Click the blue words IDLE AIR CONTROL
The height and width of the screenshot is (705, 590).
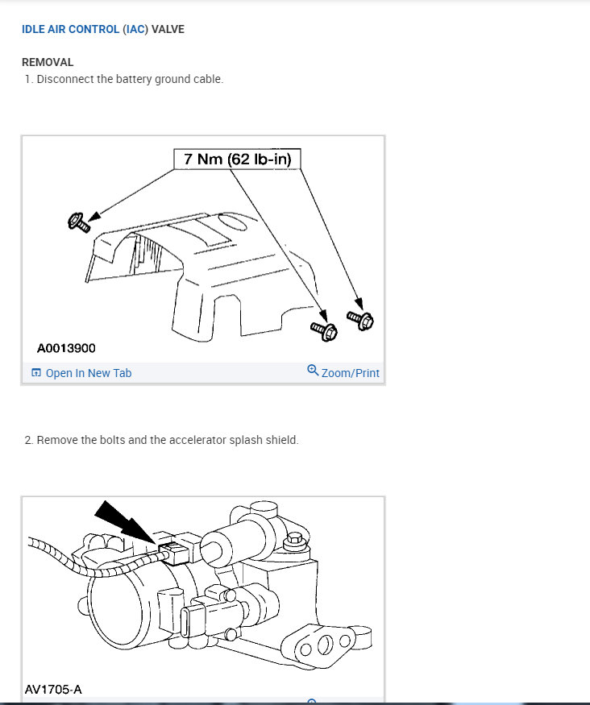point(70,30)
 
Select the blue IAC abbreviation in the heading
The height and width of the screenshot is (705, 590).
point(135,30)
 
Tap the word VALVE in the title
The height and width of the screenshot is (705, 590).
point(168,30)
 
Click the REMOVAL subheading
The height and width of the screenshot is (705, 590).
point(48,62)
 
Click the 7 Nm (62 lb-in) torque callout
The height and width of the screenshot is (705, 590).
point(238,159)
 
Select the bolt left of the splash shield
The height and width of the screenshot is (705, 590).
point(78,222)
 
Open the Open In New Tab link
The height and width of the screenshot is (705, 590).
point(88,373)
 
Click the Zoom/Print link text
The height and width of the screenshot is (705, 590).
point(350,373)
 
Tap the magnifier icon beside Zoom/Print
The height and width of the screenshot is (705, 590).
point(313,371)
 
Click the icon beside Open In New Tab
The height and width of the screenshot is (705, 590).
point(35,373)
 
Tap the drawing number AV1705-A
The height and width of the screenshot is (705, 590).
point(53,690)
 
